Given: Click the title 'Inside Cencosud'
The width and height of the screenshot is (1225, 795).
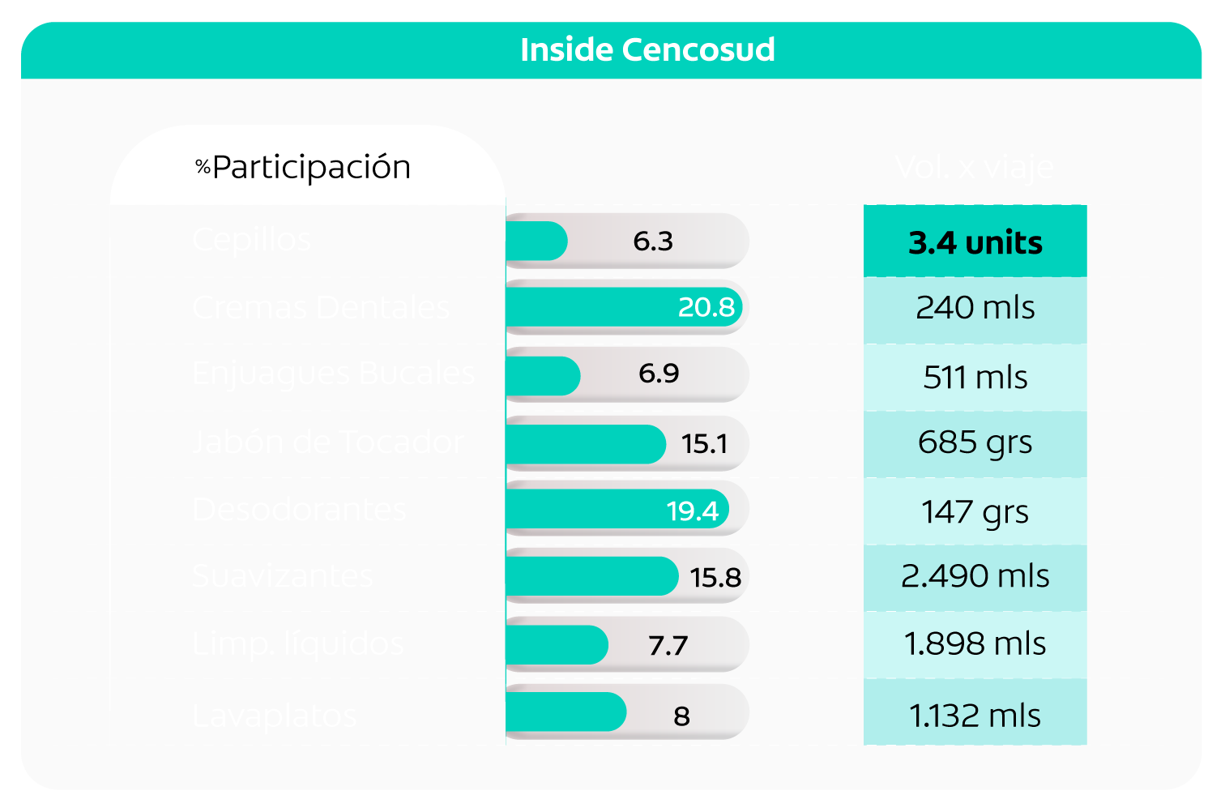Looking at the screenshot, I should tap(647, 50).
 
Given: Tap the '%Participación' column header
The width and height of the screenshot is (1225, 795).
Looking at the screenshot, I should tap(304, 167).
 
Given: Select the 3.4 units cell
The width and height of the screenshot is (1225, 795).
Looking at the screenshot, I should tap(975, 242).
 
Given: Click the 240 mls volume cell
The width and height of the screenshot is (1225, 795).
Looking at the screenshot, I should tap(975, 308).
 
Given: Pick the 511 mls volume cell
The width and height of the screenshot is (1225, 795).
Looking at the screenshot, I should tap(975, 378).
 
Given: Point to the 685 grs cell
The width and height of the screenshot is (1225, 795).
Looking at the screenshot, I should tap(975, 442).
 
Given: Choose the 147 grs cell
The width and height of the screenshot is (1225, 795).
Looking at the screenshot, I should tap(975, 511).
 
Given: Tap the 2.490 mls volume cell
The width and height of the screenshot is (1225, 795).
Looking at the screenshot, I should tap(975, 576).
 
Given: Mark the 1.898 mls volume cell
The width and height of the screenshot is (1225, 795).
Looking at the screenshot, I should tap(975, 644).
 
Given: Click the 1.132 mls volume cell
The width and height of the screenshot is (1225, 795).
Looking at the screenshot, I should tap(975, 716).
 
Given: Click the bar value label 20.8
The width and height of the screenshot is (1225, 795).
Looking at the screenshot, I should tap(706, 307).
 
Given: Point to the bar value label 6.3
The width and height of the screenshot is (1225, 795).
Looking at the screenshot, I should tap(653, 241).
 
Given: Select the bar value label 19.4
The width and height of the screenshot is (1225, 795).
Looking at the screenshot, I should tap(692, 511).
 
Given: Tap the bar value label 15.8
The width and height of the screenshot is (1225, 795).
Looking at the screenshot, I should tap(715, 578).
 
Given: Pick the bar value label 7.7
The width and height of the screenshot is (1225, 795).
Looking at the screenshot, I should tap(668, 646).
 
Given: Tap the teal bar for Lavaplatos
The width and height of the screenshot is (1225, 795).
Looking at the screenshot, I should tap(566, 712).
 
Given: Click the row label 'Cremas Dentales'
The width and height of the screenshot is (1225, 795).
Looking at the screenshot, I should tap(321, 308).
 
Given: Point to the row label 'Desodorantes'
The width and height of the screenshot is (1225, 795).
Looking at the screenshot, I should tap(299, 510).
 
